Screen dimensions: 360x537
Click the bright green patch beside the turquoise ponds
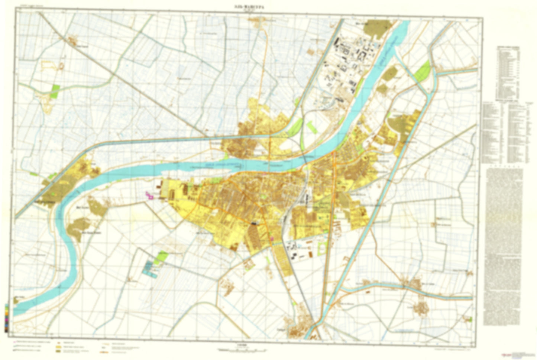pos(162,256)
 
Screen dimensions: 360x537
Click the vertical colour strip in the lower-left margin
pos(7,318)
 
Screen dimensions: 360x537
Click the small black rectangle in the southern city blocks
pos(255,223)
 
